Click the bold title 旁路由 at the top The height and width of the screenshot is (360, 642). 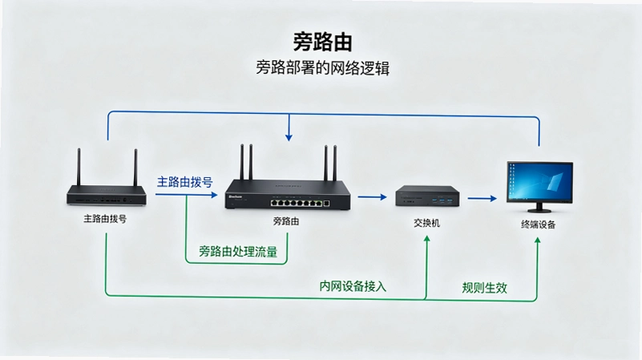click(x=323, y=42)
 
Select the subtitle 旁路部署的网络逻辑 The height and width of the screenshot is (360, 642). click(x=323, y=68)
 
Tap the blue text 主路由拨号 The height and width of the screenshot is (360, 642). click(x=184, y=182)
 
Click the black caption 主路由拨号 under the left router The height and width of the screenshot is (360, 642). click(x=105, y=219)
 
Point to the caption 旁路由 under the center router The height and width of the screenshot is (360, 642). click(x=286, y=221)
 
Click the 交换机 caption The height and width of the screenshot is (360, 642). click(x=426, y=223)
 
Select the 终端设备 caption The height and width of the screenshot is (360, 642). click(x=538, y=224)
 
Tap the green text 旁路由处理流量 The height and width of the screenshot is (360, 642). click(x=238, y=251)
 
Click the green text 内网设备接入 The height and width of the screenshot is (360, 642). click(x=353, y=286)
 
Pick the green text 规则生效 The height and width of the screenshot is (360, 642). click(x=484, y=288)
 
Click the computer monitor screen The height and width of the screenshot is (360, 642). click(x=539, y=180)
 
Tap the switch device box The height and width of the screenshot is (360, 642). click(x=427, y=196)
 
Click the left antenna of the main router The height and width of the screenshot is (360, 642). click(x=79, y=167)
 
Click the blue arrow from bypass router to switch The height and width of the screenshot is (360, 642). click(x=372, y=197)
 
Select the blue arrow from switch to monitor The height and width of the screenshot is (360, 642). click(x=482, y=199)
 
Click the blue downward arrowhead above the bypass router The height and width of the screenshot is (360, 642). click(x=289, y=137)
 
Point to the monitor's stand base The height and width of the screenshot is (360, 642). click(x=539, y=210)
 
